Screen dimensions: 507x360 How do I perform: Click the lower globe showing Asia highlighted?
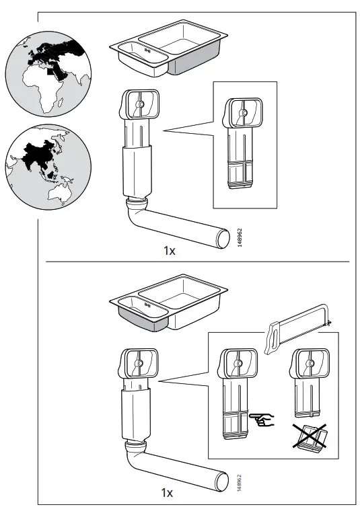(48, 164)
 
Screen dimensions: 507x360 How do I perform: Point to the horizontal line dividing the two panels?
(195, 261)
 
